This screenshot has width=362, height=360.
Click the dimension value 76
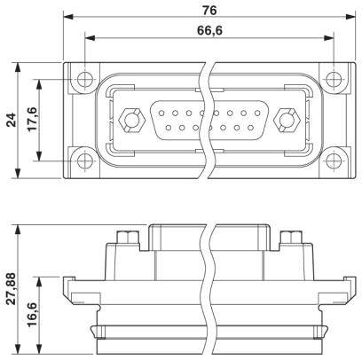click(x=209, y=10)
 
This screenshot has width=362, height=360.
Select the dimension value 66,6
click(x=209, y=30)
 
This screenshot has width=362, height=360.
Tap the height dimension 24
click(x=11, y=120)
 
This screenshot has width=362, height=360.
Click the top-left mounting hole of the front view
click(x=83, y=76)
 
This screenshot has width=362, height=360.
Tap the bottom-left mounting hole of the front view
click(x=83, y=162)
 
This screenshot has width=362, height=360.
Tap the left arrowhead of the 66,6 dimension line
click(x=87, y=38)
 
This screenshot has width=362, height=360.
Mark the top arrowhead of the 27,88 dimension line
click(x=18, y=228)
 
